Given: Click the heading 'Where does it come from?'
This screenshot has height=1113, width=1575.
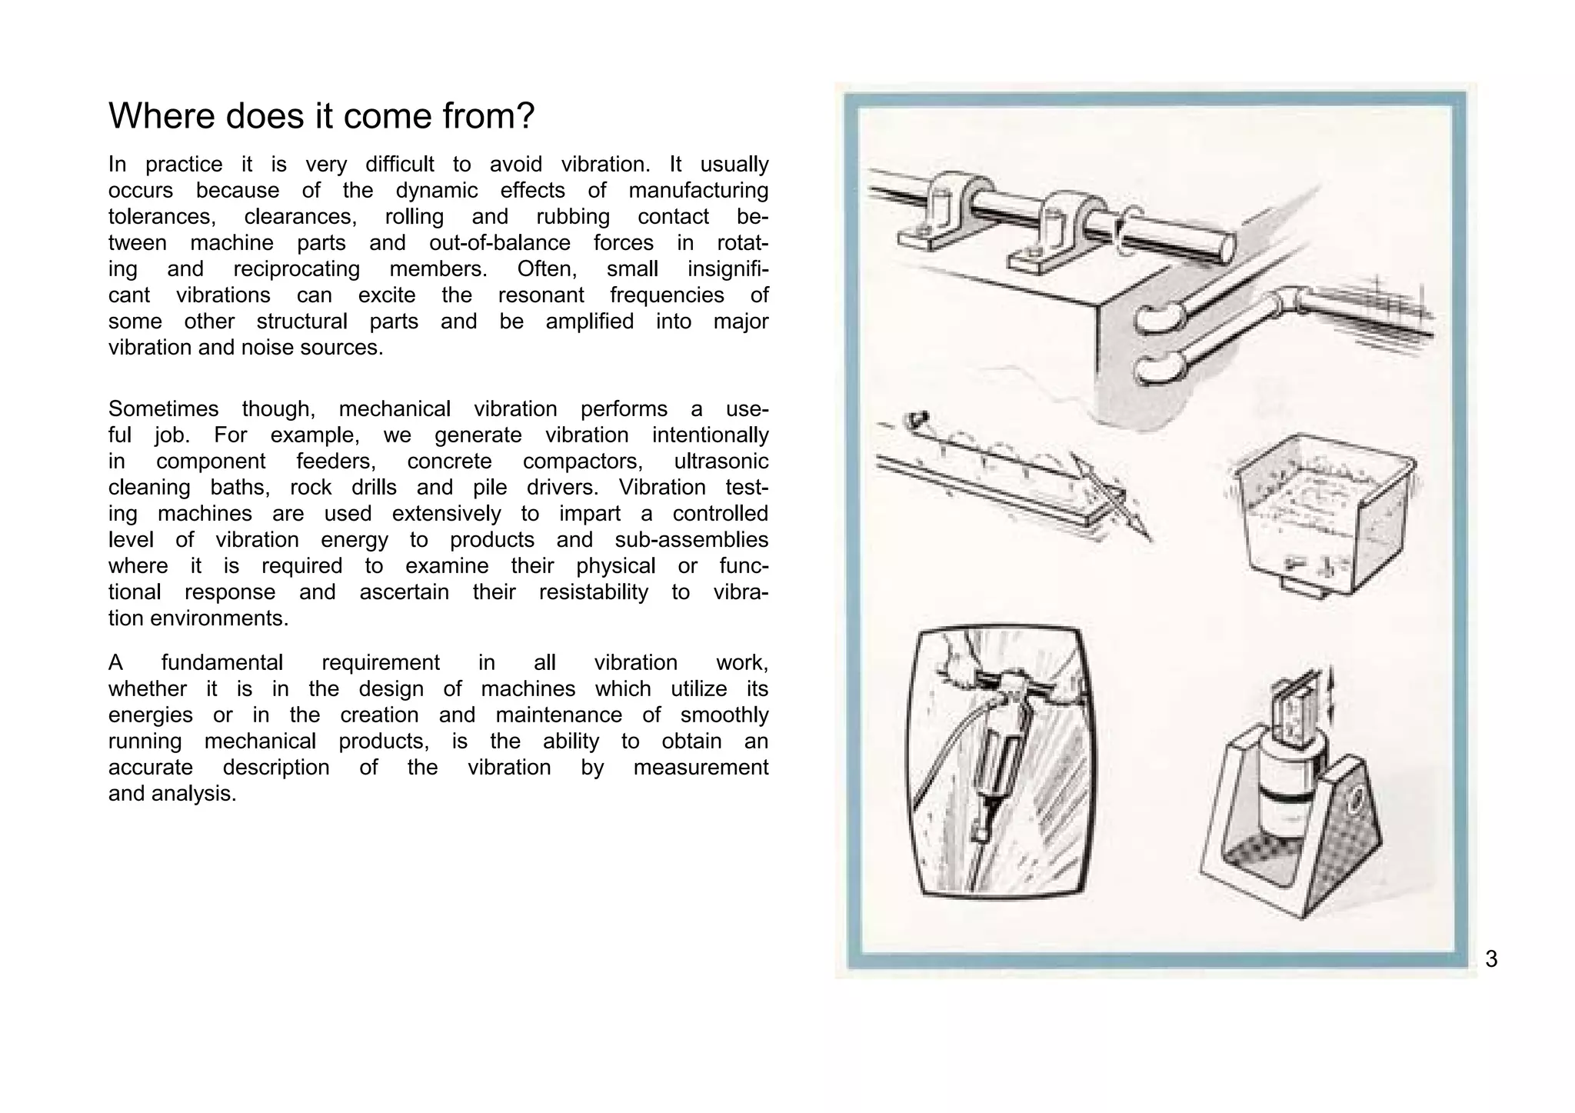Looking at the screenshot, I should [321, 116].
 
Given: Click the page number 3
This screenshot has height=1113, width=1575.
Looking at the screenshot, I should [1491, 959].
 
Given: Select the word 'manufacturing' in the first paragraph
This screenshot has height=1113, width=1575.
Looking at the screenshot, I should [698, 191].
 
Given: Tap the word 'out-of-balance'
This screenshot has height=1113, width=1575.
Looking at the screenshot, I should [500, 243].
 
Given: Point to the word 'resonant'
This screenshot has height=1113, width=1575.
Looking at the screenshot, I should [541, 295].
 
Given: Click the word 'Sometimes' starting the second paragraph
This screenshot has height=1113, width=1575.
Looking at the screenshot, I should [163, 409].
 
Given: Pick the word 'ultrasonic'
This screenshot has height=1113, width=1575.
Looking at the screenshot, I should [721, 462].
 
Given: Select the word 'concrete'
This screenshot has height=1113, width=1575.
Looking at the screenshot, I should [449, 462].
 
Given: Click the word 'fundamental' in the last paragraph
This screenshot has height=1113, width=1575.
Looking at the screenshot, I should [221, 663].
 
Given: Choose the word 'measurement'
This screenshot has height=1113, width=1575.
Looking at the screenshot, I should [700, 768].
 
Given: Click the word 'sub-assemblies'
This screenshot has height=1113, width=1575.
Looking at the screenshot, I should [691, 540].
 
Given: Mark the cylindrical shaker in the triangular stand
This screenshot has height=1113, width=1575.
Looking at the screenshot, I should [1290, 792].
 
